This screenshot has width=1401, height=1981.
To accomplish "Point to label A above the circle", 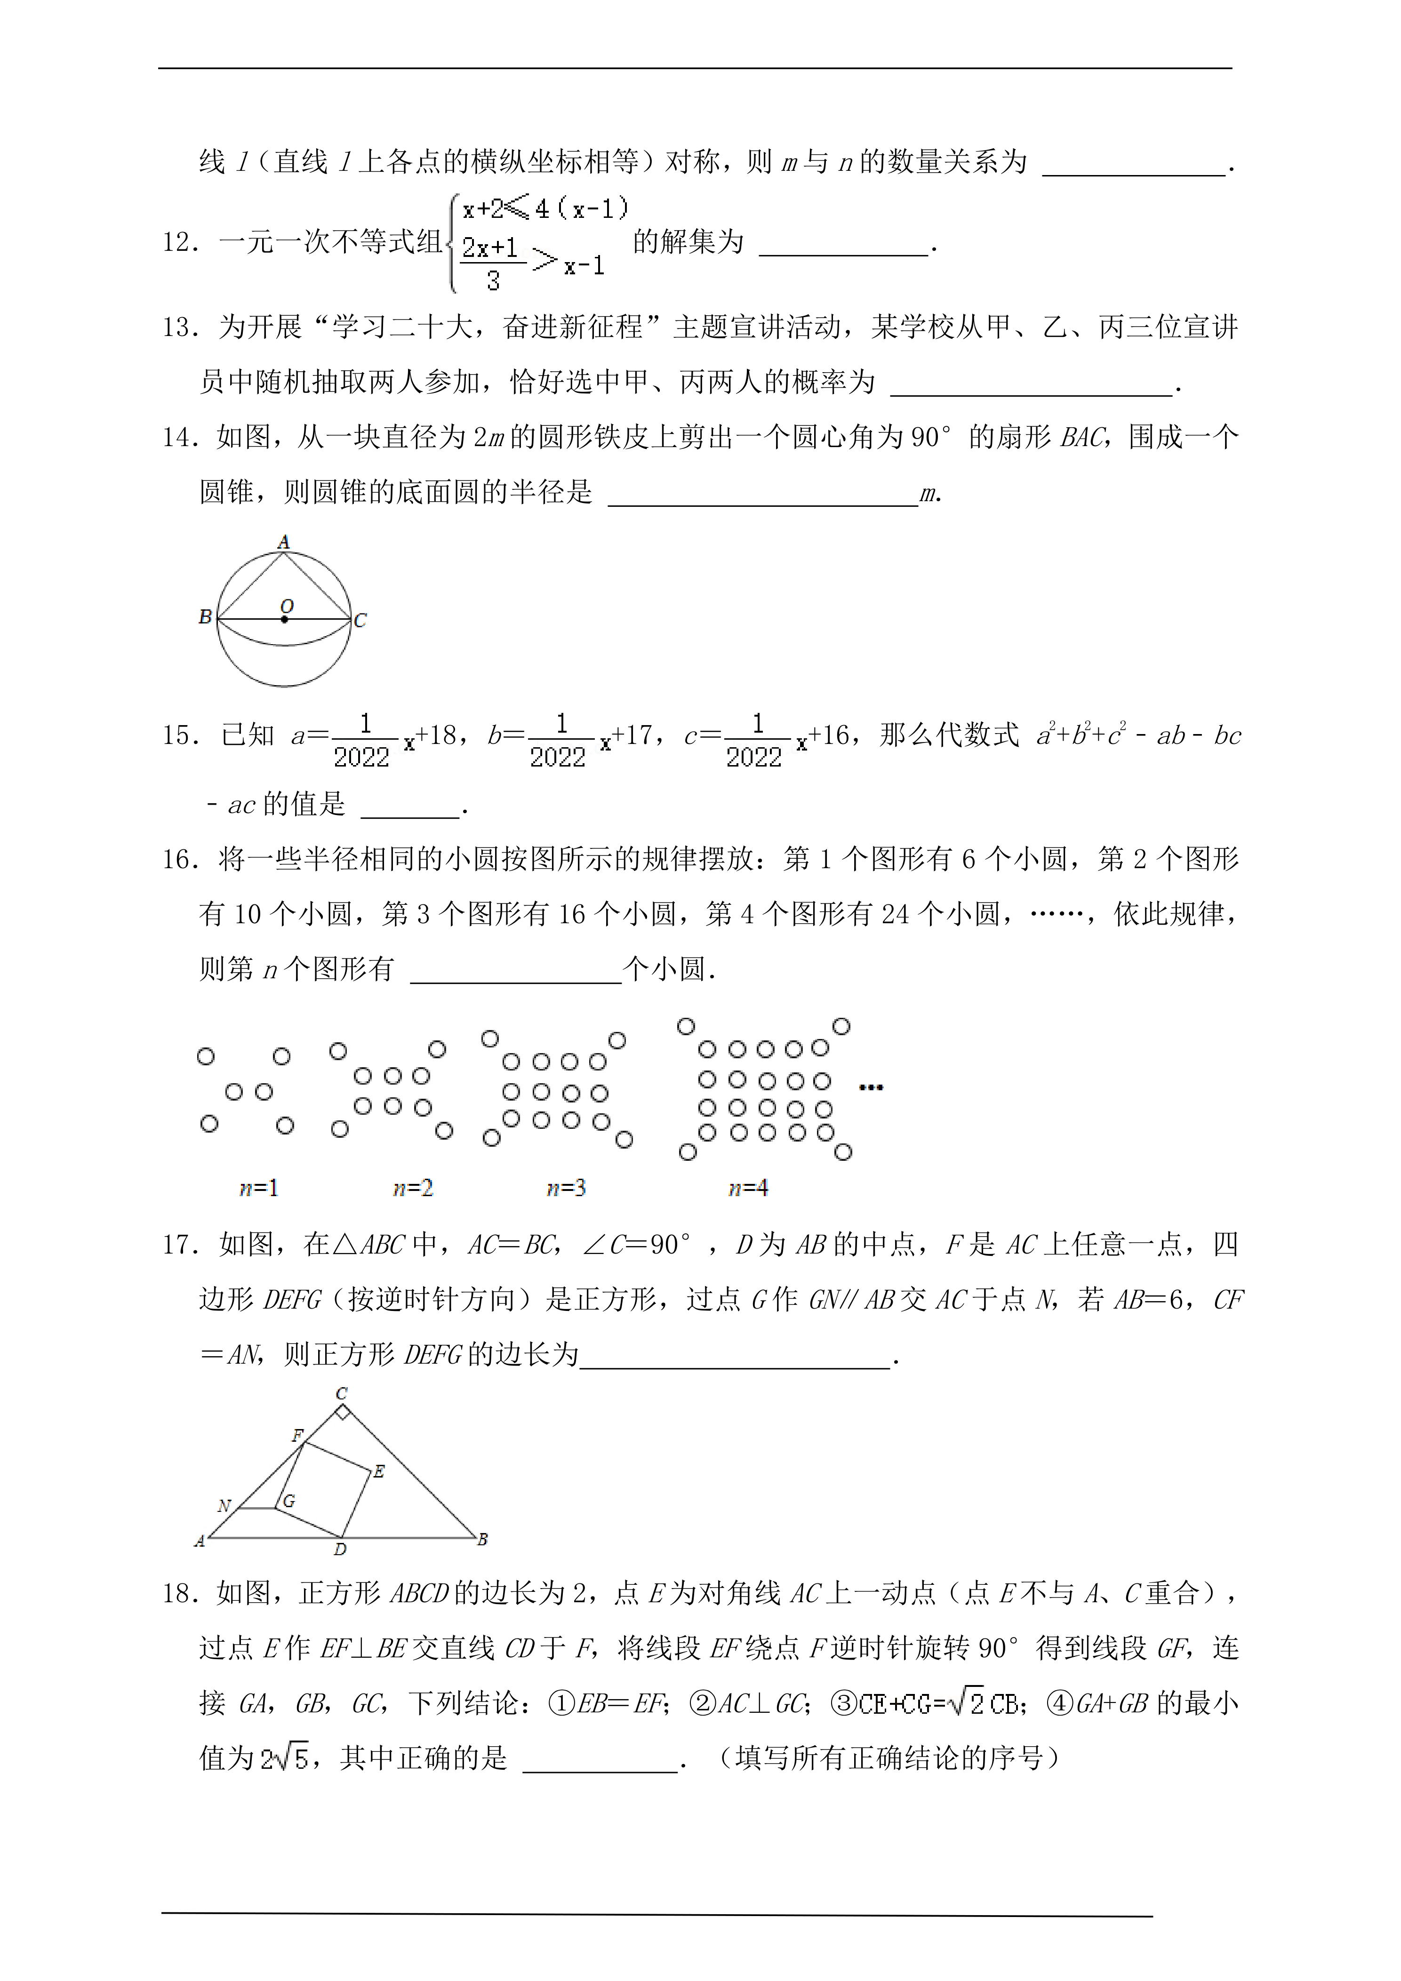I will tap(284, 542).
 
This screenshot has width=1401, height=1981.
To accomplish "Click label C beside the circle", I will tap(360, 620).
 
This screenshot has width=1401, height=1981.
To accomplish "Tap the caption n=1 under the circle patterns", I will tap(258, 1188).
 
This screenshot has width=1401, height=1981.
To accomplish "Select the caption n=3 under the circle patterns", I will tap(566, 1188).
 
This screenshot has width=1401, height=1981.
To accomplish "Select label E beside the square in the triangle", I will tap(379, 1472).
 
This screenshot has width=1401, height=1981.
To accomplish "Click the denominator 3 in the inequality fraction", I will tap(493, 280).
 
